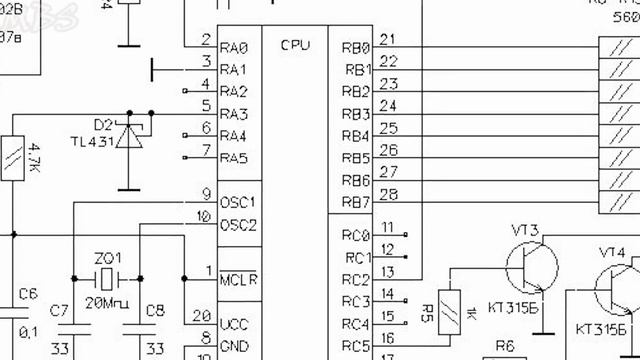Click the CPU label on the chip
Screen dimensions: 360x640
tap(295, 45)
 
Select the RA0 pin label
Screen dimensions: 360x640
tap(233, 47)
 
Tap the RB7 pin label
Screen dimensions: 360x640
tap(356, 203)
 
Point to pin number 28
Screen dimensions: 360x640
tap(389, 194)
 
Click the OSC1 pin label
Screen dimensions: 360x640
tap(238, 201)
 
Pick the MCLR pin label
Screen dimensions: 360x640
tap(238, 277)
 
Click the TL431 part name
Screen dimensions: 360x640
tap(93, 142)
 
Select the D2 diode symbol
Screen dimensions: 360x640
tap(128, 134)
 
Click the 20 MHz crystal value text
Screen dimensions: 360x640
tap(108, 302)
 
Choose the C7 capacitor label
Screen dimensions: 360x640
tap(60, 309)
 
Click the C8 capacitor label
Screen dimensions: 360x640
tap(154, 309)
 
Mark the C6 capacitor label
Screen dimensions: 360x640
tap(28, 294)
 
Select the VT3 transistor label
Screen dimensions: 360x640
tap(526, 232)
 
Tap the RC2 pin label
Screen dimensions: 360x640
tap(356, 280)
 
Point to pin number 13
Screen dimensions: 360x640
tap(387, 271)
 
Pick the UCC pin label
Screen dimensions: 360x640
tap(234, 324)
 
